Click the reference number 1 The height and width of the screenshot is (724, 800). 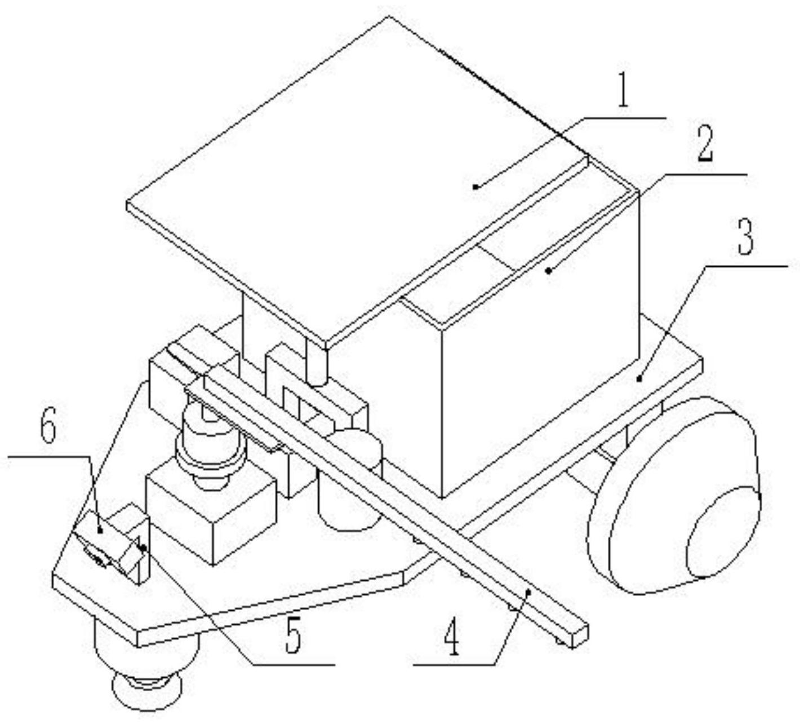click(623, 95)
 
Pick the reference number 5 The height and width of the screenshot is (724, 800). click(292, 638)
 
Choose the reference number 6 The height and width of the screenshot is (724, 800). click(48, 429)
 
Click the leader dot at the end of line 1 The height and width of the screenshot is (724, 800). click(475, 186)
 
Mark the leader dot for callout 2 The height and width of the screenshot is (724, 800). click(548, 271)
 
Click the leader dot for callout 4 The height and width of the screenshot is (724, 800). click(528, 591)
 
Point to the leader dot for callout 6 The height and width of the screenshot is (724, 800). click(99, 529)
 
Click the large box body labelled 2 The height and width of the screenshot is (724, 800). click(541, 361)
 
